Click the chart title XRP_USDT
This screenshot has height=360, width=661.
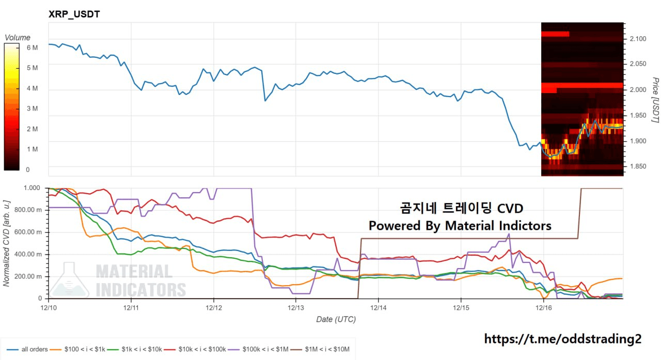point(74,14)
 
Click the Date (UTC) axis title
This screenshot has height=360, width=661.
point(336,319)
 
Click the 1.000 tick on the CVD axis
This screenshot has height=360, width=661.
point(32,188)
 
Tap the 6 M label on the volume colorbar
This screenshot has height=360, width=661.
point(32,48)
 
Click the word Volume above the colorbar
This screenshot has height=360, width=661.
point(18,37)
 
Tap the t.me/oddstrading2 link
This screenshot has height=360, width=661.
point(563,339)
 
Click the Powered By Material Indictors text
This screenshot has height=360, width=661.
point(460,226)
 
